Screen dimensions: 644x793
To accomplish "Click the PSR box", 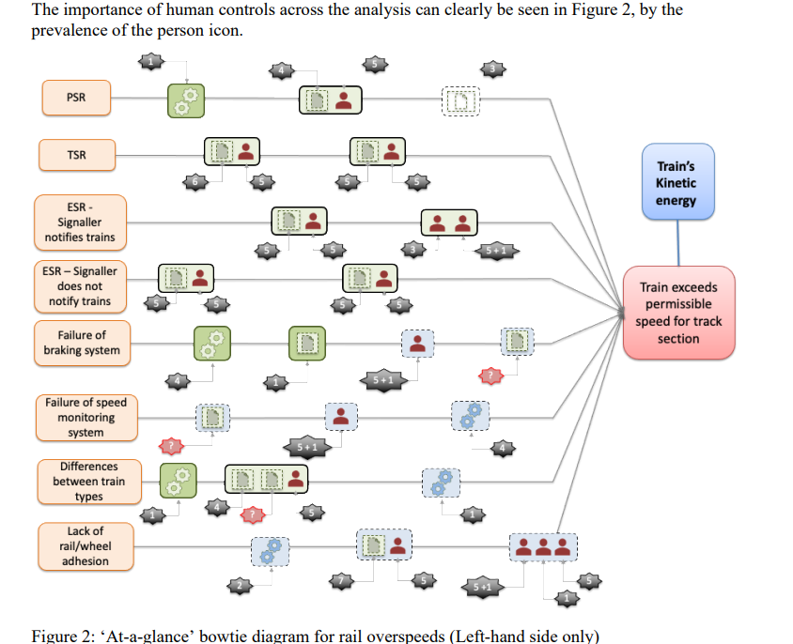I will point(75,97).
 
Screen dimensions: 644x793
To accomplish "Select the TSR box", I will point(76,155).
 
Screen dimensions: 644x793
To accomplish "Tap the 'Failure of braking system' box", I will point(82,343).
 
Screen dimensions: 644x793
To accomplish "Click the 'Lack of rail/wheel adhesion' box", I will point(86,545).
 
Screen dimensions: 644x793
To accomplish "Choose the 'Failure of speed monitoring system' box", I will point(86,418).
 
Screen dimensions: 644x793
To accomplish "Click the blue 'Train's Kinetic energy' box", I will point(676,183).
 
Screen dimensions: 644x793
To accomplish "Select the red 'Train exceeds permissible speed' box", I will point(677,313).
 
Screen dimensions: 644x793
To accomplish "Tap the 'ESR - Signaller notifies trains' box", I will point(80,221).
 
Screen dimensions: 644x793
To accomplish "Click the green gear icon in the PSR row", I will point(186,100).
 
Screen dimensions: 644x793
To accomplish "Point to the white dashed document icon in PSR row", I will point(460,100).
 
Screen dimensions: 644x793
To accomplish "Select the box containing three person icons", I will point(542,546).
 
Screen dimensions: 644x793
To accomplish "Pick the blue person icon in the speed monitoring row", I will point(341,416).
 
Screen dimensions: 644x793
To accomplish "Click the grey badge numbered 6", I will point(194,181).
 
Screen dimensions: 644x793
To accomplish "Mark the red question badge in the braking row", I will point(490,376).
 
